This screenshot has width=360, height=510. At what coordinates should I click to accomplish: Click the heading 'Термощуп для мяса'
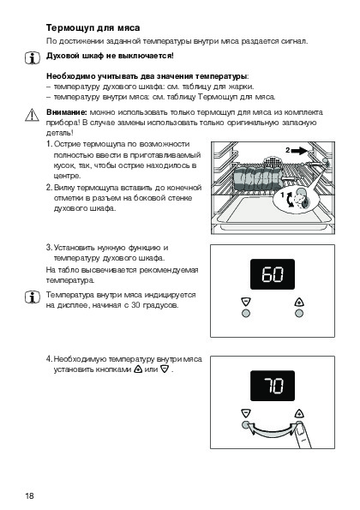tap(93, 28)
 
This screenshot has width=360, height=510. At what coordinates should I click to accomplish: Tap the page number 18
tap(29, 495)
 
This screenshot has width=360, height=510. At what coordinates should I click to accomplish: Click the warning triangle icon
tap(32, 115)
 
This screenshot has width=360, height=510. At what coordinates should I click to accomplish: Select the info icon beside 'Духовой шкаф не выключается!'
tap(33, 58)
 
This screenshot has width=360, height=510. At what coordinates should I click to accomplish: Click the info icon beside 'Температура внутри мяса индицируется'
tap(33, 297)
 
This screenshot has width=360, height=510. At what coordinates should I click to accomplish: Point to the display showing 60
tap(273, 274)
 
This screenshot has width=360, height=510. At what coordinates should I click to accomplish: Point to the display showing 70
tap(273, 386)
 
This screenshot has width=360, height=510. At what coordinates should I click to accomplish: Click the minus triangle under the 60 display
tap(246, 302)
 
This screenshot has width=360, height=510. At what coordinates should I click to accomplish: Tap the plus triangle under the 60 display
tap(299, 302)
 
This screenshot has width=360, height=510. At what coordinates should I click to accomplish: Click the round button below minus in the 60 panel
tap(246, 314)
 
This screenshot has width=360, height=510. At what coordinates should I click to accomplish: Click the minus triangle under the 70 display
tap(246, 413)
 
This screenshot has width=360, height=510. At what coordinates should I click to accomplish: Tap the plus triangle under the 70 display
tap(299, 413)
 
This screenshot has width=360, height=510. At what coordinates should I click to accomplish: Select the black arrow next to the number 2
tap(299, 151)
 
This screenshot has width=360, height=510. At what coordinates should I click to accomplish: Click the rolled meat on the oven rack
tap(258, 178)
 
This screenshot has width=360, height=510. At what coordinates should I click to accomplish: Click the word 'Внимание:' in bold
tap(67, 112)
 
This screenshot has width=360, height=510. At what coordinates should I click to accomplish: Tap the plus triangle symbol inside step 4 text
tap(138, 369)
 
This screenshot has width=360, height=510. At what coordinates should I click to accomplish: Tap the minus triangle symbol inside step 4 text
tap(165, 369)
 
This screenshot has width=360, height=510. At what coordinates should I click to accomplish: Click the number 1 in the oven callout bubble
tap(283, 195)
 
